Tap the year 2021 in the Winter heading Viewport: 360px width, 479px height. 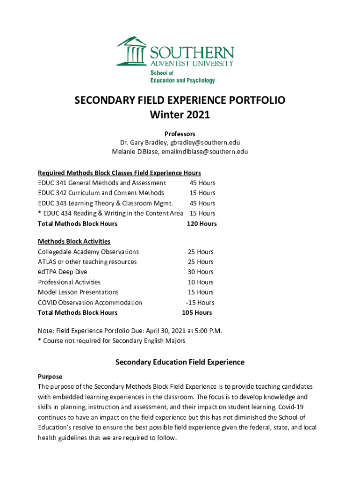coord(196,114)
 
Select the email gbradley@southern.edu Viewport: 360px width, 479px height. coord(208,143)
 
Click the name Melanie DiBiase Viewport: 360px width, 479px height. coord(133,152)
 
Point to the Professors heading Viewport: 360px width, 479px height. coord(180,134)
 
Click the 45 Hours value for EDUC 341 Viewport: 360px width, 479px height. coord(202,183)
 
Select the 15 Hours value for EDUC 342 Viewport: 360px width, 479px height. coord(202,193)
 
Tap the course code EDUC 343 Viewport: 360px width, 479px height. coord(52,203)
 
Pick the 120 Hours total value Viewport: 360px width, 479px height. coord(202,224)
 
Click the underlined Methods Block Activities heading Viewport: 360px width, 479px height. coord(74,241)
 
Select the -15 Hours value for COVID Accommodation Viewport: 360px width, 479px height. coord(200,303)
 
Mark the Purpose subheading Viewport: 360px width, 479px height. coord(50,377)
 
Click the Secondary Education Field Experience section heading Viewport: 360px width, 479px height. coord(180,362)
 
